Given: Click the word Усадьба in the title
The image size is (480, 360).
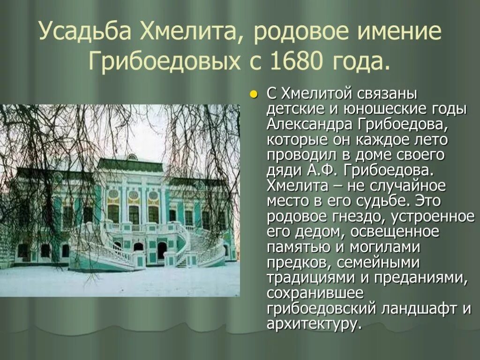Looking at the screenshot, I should pos(85,32).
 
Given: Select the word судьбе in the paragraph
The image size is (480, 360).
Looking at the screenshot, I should pos(392,201).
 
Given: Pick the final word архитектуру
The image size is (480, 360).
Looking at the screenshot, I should pos(314,324).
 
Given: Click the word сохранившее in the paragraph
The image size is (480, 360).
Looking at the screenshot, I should pos(315,293).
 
